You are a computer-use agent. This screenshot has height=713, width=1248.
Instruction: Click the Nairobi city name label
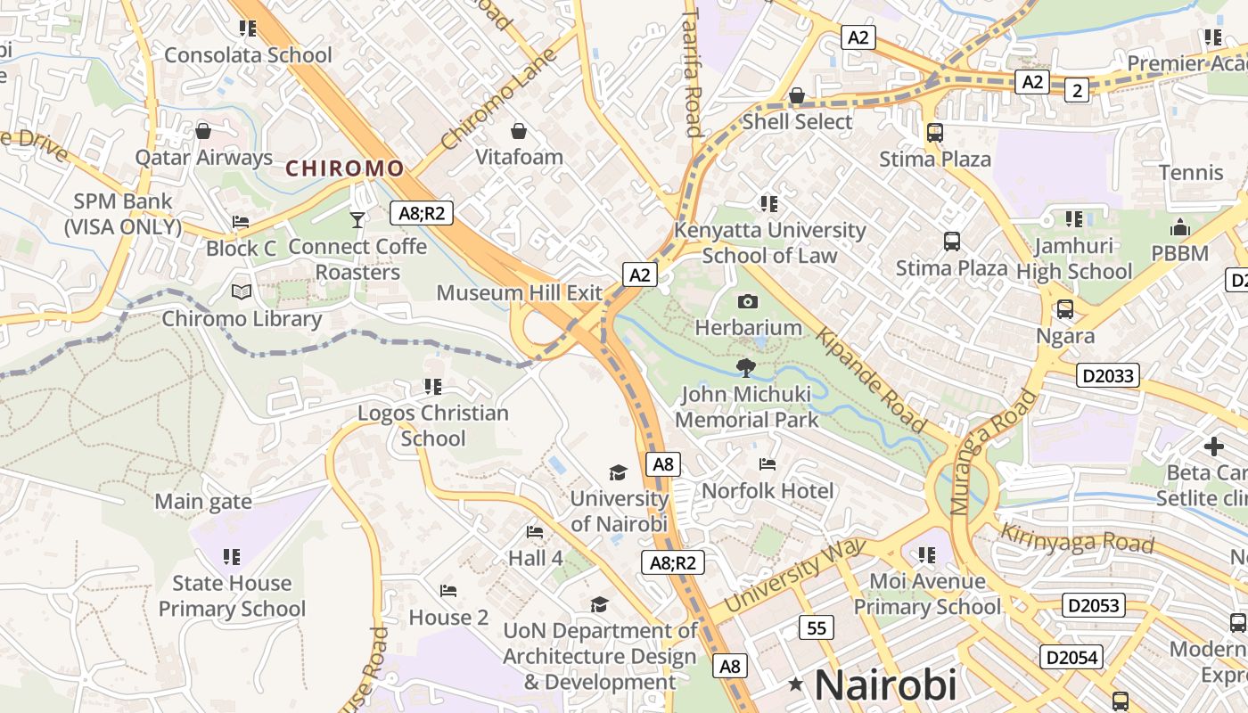(x=885, y=684)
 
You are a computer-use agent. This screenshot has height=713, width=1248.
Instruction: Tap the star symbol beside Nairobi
(x=796, y=684)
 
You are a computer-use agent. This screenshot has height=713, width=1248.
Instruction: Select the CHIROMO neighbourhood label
(x=344, y=168)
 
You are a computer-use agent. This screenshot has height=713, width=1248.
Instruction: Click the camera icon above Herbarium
(x=748, y=302)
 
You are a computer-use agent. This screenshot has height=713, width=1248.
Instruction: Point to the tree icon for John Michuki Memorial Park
(x=747, y=367)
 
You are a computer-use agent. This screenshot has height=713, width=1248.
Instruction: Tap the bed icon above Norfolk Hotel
(x=767, y=464)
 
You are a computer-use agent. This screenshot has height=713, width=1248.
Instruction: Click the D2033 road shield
(x=1108, y=375)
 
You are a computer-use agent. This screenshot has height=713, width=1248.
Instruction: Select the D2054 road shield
(x=1071, y=658)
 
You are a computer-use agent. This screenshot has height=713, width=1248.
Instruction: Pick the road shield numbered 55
(x=816, y=627)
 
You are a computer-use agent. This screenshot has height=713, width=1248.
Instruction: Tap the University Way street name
(x=794, y=576)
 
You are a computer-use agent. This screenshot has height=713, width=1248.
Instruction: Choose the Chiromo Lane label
(x=498, y=99)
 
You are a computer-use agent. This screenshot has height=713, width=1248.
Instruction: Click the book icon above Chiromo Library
(x=242, y=291)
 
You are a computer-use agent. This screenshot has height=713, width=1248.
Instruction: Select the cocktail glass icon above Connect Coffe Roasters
(x=357, y=219)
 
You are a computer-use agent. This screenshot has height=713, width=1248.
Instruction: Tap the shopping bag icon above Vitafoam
(x=519, y=132)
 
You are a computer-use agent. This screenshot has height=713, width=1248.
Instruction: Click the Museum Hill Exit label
(x=519, y=292)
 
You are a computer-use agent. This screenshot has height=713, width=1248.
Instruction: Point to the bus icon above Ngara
(x=1064, y=309)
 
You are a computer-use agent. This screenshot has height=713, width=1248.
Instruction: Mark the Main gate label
(x=203, y=502)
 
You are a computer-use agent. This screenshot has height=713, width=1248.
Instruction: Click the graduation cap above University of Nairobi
(x=618, y=472)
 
